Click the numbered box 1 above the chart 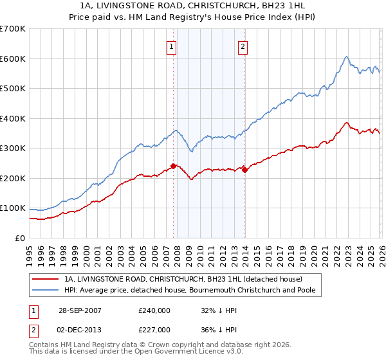172,46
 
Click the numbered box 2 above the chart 243,46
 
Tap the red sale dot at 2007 174,166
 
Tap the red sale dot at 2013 244,170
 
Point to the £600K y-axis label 12,59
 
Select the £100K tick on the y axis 12,208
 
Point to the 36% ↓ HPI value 221,330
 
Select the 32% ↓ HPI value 221,311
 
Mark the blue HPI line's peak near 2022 346,57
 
